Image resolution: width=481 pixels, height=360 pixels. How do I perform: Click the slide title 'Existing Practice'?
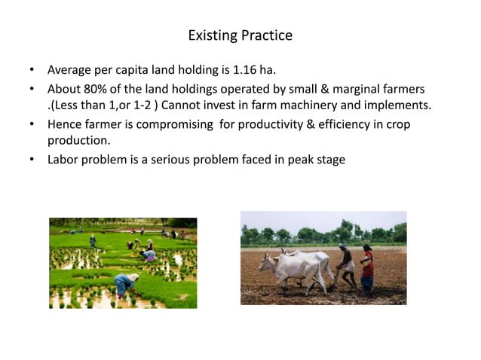240,35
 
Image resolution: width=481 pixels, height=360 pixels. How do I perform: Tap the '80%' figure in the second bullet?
95,89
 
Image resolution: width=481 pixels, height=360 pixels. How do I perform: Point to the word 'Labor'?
64,159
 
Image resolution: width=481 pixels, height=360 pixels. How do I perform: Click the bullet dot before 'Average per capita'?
32,70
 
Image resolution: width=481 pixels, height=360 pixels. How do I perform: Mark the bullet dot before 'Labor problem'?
32,159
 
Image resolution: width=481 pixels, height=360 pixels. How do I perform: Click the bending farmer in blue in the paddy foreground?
124,283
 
